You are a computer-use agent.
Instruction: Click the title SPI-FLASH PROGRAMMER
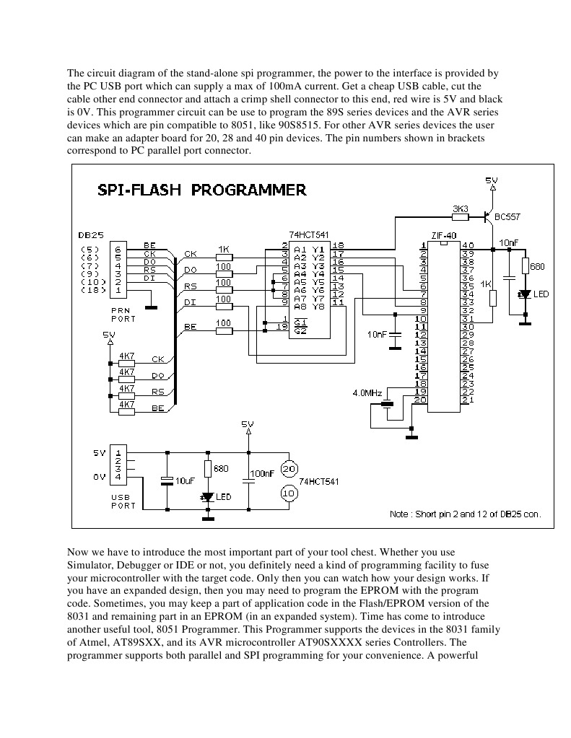pyautogui.click(x=201, y=190)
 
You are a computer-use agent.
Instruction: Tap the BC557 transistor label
pyautogui.click(x=507, y=216)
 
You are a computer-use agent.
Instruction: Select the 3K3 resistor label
pyautogui.click(x=460, y=208)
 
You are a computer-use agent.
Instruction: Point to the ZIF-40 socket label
pyautogui.click(x=444, y=235)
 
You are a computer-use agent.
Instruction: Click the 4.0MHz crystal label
pyautogui.click(x=368, y=393)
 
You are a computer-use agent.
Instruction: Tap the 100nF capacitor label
pyautogui.click(x=262, y=474)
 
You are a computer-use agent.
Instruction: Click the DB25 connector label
pyautogui.click(x=90, y=234)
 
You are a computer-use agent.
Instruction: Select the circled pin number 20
pyautogui.click(x=289, y=469)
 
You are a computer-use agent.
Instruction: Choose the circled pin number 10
pyautogui.click(x=289, y=493)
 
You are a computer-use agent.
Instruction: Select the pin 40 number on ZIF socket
pyautogui.click(x=468, y=246)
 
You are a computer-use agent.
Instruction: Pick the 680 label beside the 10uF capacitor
pyautogui.click(x=221, y=468)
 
